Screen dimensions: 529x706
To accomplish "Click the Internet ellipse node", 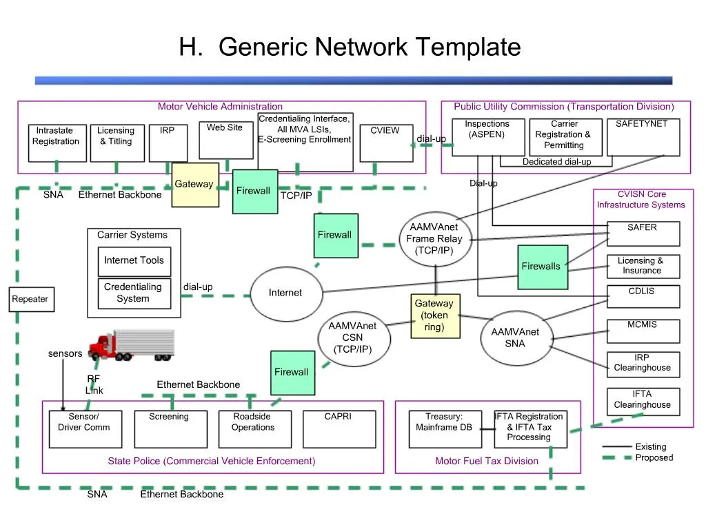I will pos(285,293).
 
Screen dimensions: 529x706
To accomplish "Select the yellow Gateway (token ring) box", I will pos(434,316).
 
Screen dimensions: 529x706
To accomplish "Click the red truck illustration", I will pos(132,345).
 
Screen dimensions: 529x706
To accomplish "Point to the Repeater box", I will pos(31,299).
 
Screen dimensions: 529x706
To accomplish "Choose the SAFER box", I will pos(643,234).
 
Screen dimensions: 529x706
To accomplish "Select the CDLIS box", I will pos(643,296).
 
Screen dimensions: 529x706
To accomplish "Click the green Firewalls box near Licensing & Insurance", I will pos(543,267).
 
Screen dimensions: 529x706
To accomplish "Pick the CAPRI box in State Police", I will pos(339,428).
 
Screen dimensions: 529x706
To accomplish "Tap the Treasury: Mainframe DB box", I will pos(444,428).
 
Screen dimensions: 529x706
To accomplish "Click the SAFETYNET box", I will pos(643,137).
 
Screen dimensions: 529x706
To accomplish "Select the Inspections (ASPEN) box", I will pos(487,137).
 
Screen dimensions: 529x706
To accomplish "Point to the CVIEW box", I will pos(386,143).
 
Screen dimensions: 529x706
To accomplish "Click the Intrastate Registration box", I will pos(57,143).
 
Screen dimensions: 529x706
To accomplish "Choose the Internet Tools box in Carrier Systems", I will pos(134,261).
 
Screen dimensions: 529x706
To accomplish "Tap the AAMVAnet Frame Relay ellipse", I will pos(435,239).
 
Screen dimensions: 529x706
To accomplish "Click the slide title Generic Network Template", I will pos(350,48).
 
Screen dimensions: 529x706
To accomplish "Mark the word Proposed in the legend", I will pos(654,458).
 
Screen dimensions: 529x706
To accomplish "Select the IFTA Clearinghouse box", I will pos(643,402).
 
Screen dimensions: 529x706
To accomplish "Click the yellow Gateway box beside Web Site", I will pos(195,185).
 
